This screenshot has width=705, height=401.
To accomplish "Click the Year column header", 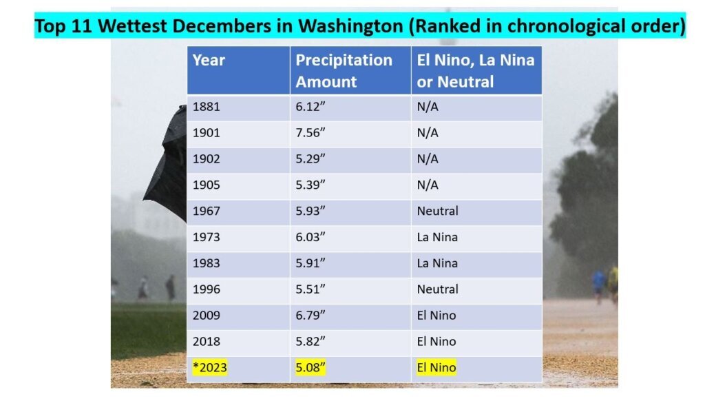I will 209,60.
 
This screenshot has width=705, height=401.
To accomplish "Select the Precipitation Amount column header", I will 344,70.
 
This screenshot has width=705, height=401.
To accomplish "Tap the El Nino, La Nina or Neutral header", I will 475,70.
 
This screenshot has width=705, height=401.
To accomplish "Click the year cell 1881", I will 207,107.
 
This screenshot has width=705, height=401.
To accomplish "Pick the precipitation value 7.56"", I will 311,133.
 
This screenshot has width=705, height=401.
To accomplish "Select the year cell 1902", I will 207,159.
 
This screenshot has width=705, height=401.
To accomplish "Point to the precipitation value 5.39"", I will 311,185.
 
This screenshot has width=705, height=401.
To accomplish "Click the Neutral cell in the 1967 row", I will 437,211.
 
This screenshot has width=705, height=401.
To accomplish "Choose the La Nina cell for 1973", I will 437,237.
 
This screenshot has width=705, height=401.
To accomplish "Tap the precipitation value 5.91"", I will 311,263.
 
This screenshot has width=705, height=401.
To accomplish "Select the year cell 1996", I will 207,289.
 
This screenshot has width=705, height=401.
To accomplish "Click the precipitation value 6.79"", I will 311,316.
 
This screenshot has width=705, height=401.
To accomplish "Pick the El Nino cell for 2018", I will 436,342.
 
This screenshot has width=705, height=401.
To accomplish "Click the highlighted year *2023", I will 209,368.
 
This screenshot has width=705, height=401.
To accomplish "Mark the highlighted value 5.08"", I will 311,368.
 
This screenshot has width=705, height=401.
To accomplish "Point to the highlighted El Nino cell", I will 436,368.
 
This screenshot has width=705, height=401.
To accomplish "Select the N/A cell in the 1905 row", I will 428,185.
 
